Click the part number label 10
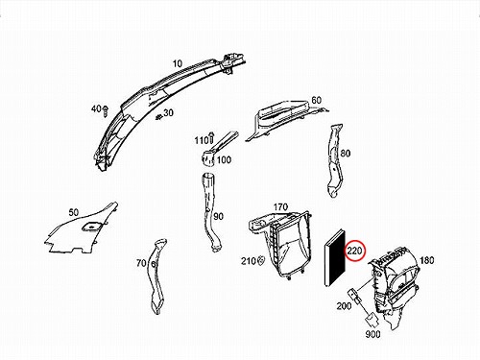point(178,63)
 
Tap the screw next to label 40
point(106,111)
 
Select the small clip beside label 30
point(158,117)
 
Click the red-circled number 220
point(354,251)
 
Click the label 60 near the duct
point(316,100)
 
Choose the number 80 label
point(345,154)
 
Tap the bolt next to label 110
point(211,137)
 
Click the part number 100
point(224,159)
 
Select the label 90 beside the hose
point(218,217)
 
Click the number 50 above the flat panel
point(73,212)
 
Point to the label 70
point(141,263)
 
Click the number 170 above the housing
point(280,207)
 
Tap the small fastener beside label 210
point(260,260)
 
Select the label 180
point(426,260)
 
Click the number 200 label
point(344,306)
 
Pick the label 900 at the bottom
point(372,334)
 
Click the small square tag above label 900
point(371,319)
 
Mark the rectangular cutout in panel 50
point(92,226)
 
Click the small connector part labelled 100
point(208,158)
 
